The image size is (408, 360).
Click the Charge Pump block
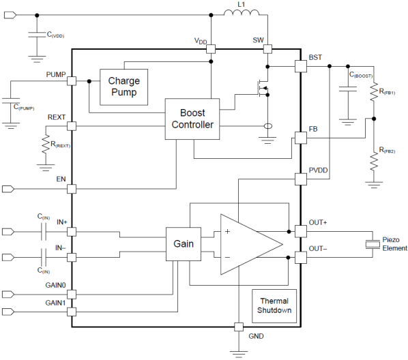(124, 87)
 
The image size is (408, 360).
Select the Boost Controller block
(192, 119)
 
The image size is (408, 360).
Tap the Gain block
(184, 244)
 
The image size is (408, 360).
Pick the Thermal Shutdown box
(274, 306)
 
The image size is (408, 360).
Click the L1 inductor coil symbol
(242, 12)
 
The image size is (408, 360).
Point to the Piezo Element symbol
(373, 244)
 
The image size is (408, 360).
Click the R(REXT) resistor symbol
(46, 144)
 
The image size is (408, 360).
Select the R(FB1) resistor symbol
(374, 92)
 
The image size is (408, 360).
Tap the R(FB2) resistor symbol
(374, 162)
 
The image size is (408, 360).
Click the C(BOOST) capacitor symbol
(348, 89)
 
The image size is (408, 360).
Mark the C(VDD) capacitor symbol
(37, 35)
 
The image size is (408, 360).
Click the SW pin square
(267, 49)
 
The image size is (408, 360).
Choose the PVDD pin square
(300, 179)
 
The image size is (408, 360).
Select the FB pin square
(300, 138)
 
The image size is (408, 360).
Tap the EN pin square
(72, 189)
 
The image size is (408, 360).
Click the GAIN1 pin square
(72, 312)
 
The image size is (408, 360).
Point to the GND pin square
(239, 327)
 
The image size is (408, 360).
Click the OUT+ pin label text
(318, 223)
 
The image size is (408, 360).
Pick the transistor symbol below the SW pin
(263, 88)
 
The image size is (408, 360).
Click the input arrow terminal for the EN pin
(8, 189)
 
